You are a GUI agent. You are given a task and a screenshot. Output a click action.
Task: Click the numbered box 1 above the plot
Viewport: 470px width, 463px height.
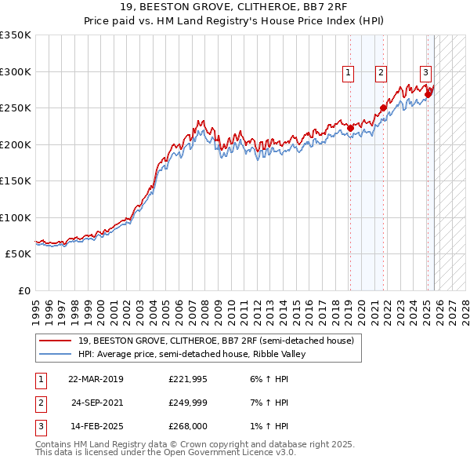click(x=348, y=74)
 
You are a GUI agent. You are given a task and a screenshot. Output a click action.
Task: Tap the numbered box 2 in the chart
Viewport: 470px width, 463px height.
click(x=381, y=74)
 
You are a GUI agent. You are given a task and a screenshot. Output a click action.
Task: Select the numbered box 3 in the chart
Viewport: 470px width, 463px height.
click(x=425, y=74)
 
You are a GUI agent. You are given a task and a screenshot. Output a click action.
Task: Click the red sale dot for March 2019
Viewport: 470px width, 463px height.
click(x=350, y=129)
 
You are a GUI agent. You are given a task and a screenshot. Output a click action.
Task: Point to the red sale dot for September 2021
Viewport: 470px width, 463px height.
click(x=383, y=108)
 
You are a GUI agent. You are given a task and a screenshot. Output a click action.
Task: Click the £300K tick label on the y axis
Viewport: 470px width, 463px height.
click(x=16, y=71)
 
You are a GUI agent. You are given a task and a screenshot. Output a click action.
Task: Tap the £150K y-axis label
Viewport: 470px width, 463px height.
click(x=16, y=181)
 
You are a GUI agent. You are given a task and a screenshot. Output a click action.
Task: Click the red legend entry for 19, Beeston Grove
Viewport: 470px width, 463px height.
click(x=216, y=341)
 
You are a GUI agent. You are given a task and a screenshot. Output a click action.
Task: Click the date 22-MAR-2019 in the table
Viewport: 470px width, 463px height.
click(x=96, y=379)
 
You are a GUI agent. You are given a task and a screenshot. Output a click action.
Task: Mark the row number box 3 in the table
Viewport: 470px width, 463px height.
click(x=40, y=426)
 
